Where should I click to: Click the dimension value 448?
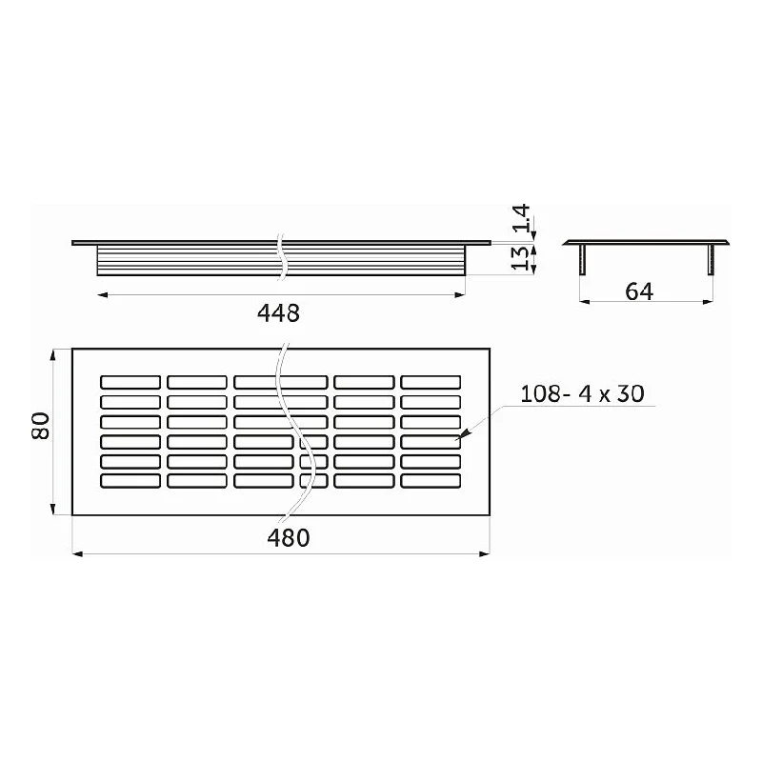tap(278, 313)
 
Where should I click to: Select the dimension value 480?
tap(289, 538)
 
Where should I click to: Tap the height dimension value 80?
tap(41, 426)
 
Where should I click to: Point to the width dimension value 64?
tap(639, 291)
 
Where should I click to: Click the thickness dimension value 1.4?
tap(521, 218)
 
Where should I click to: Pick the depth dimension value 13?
tap(520, 258)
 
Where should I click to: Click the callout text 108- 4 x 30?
tap(582, 393)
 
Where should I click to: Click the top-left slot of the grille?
tap(130, 382)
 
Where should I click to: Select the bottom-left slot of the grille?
tap(130, 481)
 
